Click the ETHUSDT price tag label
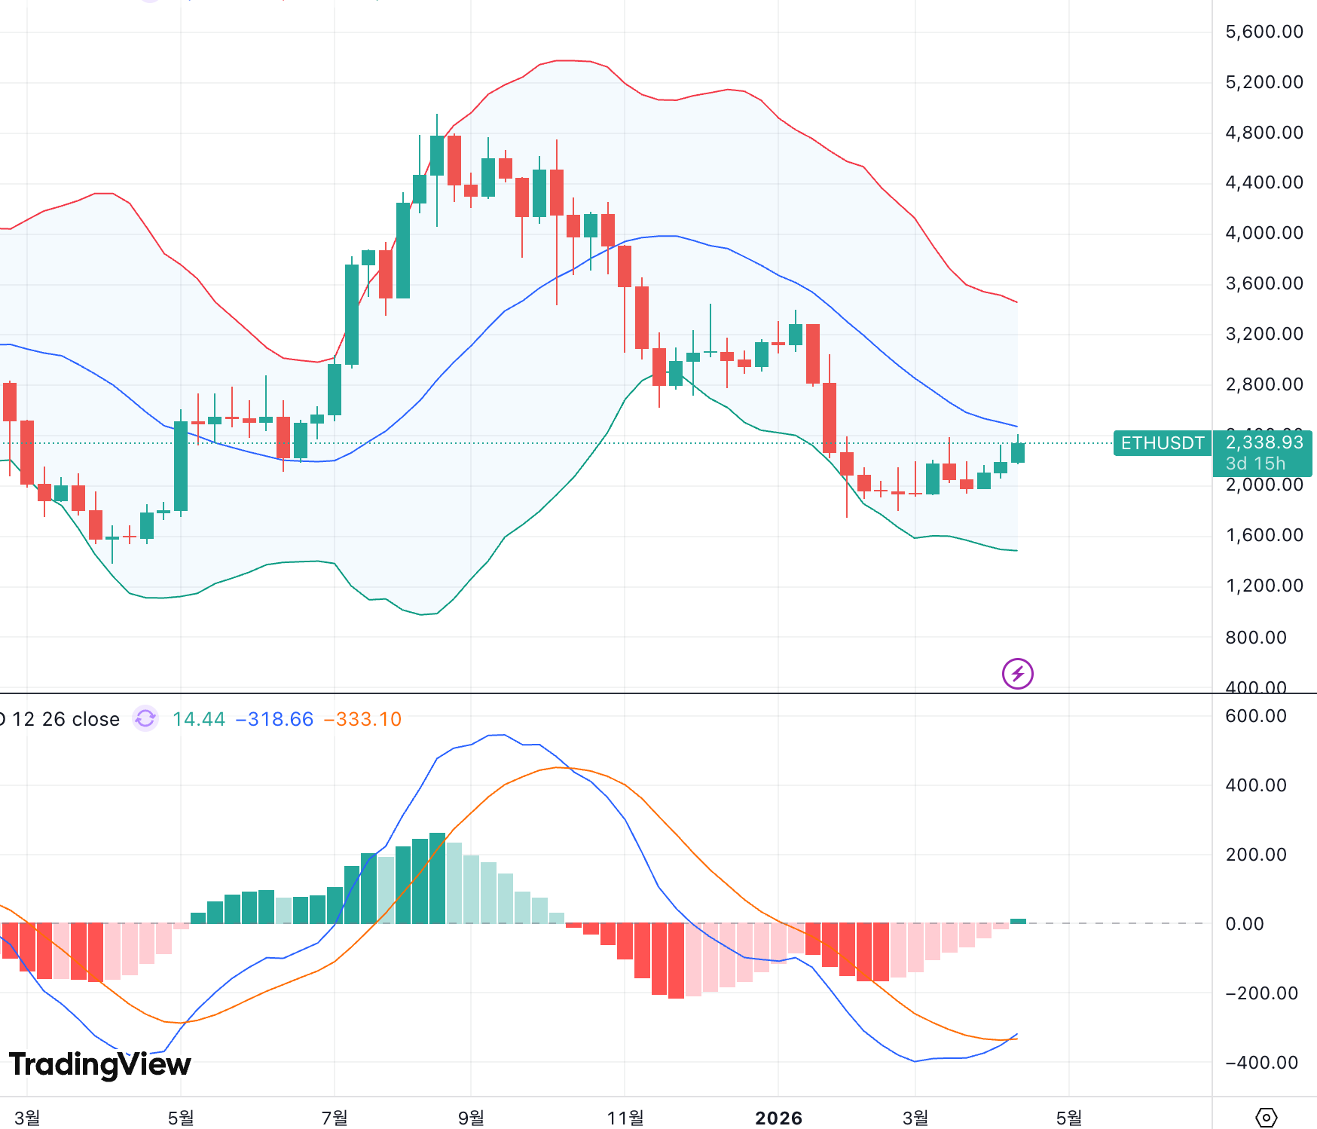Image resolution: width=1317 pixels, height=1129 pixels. pos(1162,443)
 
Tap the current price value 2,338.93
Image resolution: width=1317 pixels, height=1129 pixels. pos(1264,442)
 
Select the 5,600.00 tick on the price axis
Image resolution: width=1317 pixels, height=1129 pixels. pos(1264,32)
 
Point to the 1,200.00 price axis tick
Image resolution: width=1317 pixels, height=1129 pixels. pos(1264,586)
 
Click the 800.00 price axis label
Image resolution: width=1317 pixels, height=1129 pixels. pos(1255,638)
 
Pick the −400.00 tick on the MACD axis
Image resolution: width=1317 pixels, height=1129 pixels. pos(1260,1063)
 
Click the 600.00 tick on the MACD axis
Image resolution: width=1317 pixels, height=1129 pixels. pos(1255,716)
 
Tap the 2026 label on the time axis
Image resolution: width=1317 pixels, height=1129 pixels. pos(778,1118)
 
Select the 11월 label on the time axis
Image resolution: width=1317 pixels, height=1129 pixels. pos(625,1118)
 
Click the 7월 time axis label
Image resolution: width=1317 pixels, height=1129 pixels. pos(335,1118)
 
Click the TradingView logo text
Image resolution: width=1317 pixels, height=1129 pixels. pos(100,1064)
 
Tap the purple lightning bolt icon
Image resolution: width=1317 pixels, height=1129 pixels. pos(1017,674)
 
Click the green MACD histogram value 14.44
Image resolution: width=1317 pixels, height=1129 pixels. pos(198,719)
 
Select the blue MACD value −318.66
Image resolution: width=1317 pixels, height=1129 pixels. pos(274,719)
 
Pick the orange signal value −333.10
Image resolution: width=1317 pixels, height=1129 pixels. pos(362,719)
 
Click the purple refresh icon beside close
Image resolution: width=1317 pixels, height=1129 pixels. pos(145,718)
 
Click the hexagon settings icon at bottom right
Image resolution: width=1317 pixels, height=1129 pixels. pos(1266,1117)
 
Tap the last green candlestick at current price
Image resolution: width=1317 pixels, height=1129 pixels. pos(1018,452)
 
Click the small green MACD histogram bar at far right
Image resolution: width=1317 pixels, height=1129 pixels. pos(1018,921)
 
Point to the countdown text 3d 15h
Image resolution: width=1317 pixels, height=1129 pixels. pos(1255,464)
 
